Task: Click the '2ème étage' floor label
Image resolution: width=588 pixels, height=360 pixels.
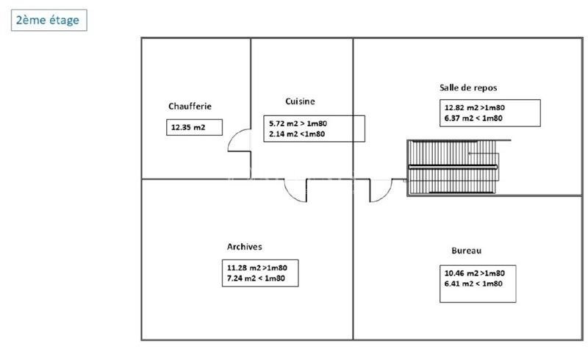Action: tap(49, 20)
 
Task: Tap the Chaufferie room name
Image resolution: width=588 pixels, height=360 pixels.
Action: tap(190, 107)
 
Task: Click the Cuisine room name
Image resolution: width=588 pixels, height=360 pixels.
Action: tap(300, 101)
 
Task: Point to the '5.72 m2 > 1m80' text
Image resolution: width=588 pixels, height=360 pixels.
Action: tap(298, 123)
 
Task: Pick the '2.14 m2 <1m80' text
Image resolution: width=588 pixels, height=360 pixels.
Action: tap(297, 134)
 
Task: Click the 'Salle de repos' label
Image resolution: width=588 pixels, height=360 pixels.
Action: tap(468, 87)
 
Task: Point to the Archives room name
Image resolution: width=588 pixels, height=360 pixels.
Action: tap(245, 247)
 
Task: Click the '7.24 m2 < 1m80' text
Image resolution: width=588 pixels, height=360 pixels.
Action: tap(261, 279)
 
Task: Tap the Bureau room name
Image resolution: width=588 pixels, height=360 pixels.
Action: tap(467, 251)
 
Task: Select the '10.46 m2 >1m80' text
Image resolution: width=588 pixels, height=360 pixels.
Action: tap(475, 272)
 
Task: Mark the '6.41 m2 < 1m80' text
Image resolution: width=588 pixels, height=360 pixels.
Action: tap(473, 283)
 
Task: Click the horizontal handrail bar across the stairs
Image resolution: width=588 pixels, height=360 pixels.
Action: tap(453, 168)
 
